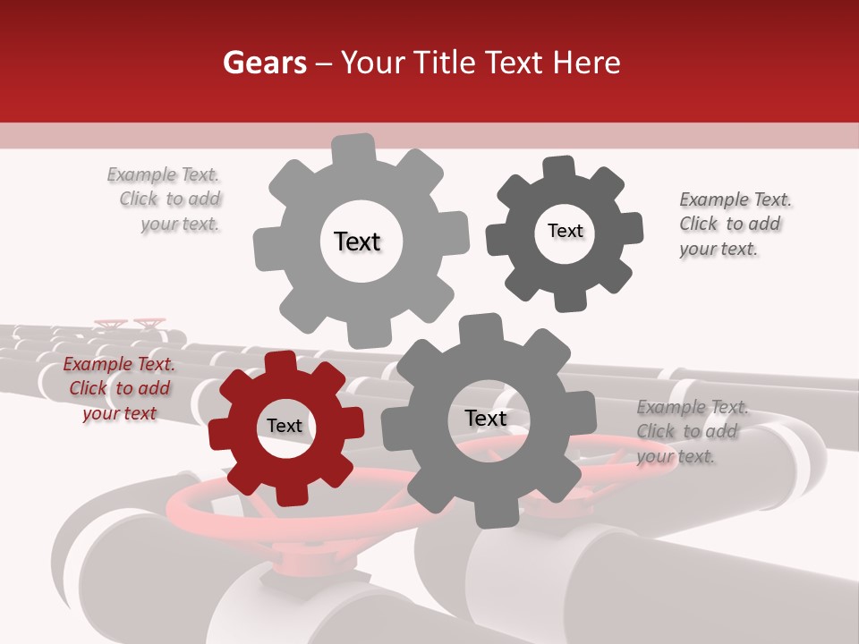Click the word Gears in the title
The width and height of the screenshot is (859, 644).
[x=263, y=63]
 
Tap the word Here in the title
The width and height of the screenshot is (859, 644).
[x=587, y=63]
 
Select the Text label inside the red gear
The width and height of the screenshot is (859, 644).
[x=285, y=426]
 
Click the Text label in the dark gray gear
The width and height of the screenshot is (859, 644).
[x=565, y=231]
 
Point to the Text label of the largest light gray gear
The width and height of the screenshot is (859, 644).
[x=358, y=241]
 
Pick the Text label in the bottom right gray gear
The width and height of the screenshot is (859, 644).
[x=485, y=418]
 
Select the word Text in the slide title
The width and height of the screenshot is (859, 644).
[x=514, y=63]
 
